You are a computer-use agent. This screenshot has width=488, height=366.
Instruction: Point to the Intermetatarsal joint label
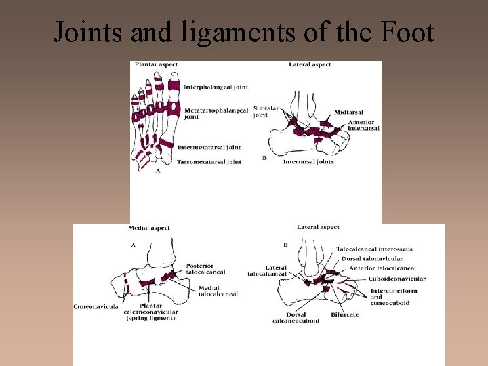click(x=209, y=147)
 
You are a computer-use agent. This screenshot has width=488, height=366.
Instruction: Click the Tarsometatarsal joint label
click(x=209, y=162)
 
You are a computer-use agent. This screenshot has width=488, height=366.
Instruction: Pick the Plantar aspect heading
click(x=157, y=64)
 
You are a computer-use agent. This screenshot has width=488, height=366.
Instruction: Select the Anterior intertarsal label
click(x=363, y=125)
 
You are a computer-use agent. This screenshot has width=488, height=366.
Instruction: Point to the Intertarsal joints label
click(x=308, y=162)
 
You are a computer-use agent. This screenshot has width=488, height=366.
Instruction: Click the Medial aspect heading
click(x=149, y=228)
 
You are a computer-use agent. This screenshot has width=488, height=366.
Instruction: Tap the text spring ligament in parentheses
click(x=150, y=319)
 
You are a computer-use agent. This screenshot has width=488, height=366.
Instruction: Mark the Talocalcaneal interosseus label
click(x=375, y=249)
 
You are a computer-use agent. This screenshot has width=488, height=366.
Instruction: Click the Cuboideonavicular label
click(x=397, y=279)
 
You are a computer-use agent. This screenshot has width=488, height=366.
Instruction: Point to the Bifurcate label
click(x=345, y=315)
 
